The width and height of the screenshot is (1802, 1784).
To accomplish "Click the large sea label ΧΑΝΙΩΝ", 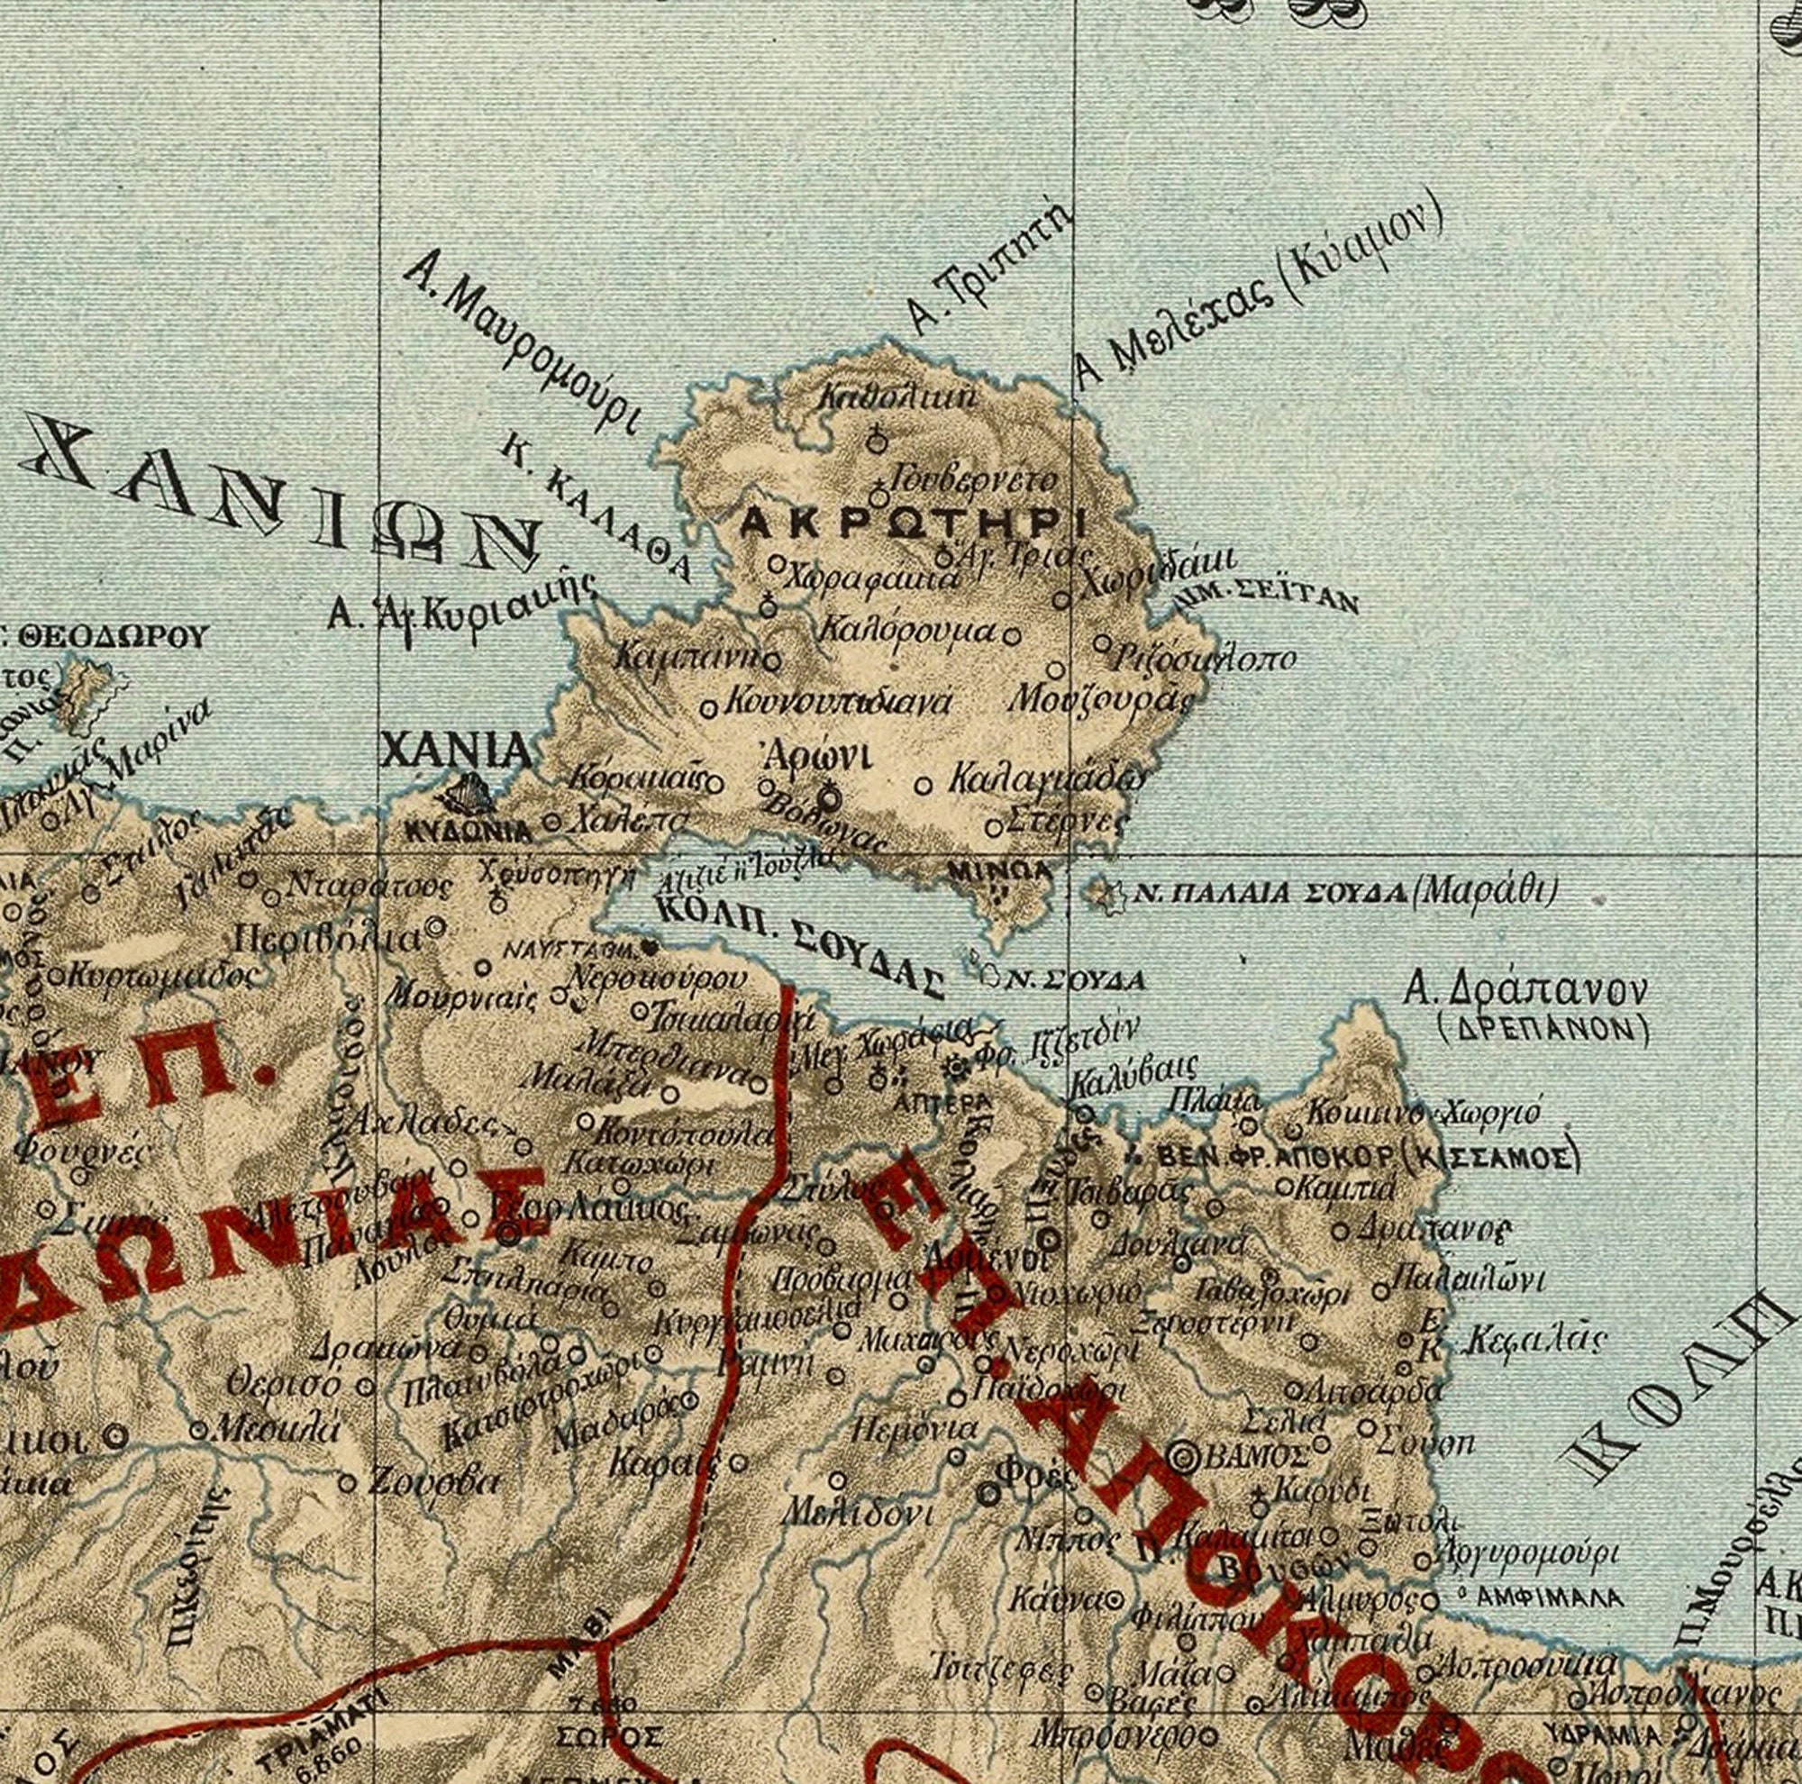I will (x=280, y=495).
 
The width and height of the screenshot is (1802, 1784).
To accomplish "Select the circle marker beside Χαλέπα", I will (x=551, y=822).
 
